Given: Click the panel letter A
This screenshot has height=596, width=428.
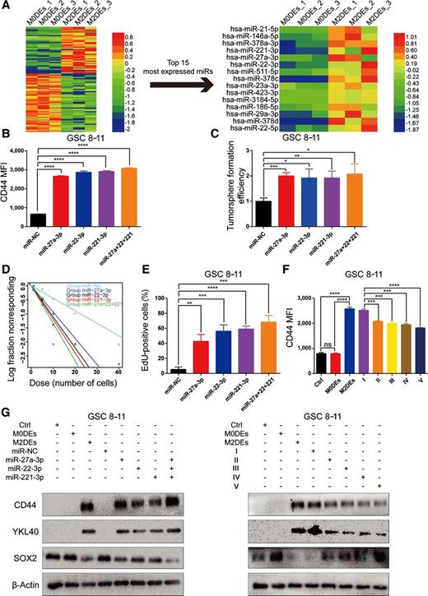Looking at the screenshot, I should (7, 7).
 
